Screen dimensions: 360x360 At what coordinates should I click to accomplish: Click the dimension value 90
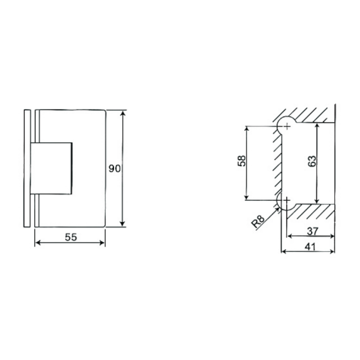tap(115, 169)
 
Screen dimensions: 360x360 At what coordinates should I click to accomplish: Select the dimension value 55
tap(70, 237)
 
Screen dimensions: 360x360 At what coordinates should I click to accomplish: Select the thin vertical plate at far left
tap(26, 168)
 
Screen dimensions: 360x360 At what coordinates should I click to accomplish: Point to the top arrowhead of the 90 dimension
tap(123, 113)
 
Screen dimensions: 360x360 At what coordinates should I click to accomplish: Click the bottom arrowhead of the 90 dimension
tap(123, 224)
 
